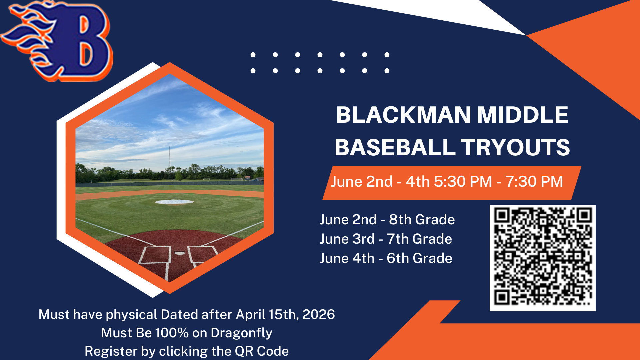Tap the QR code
(x=542, y=258)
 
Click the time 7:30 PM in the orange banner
(x=534, y=182)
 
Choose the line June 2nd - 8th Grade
(x=387, y=220)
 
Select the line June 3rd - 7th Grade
(x=386, y=239)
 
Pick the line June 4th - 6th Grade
(x=386, y=258)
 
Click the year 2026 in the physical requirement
(x=318, y=314)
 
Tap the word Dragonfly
(x=241, y=333)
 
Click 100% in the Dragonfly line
(x=172, y=333)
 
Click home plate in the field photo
(x=180, y=254)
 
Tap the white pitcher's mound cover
(x=174, y=202)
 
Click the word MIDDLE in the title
(x=522, y=115)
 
